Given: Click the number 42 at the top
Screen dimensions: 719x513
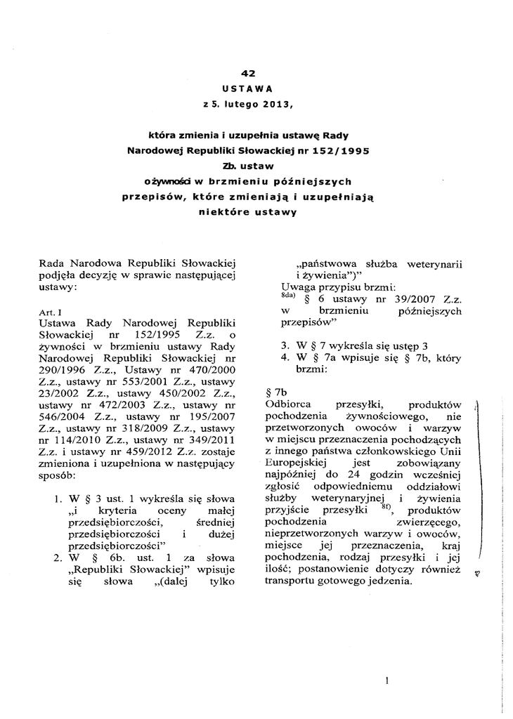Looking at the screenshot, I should coord(247,73).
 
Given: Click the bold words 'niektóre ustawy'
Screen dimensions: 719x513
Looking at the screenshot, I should coord(246,211).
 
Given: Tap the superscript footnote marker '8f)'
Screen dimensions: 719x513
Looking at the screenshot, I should coord(386,506).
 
